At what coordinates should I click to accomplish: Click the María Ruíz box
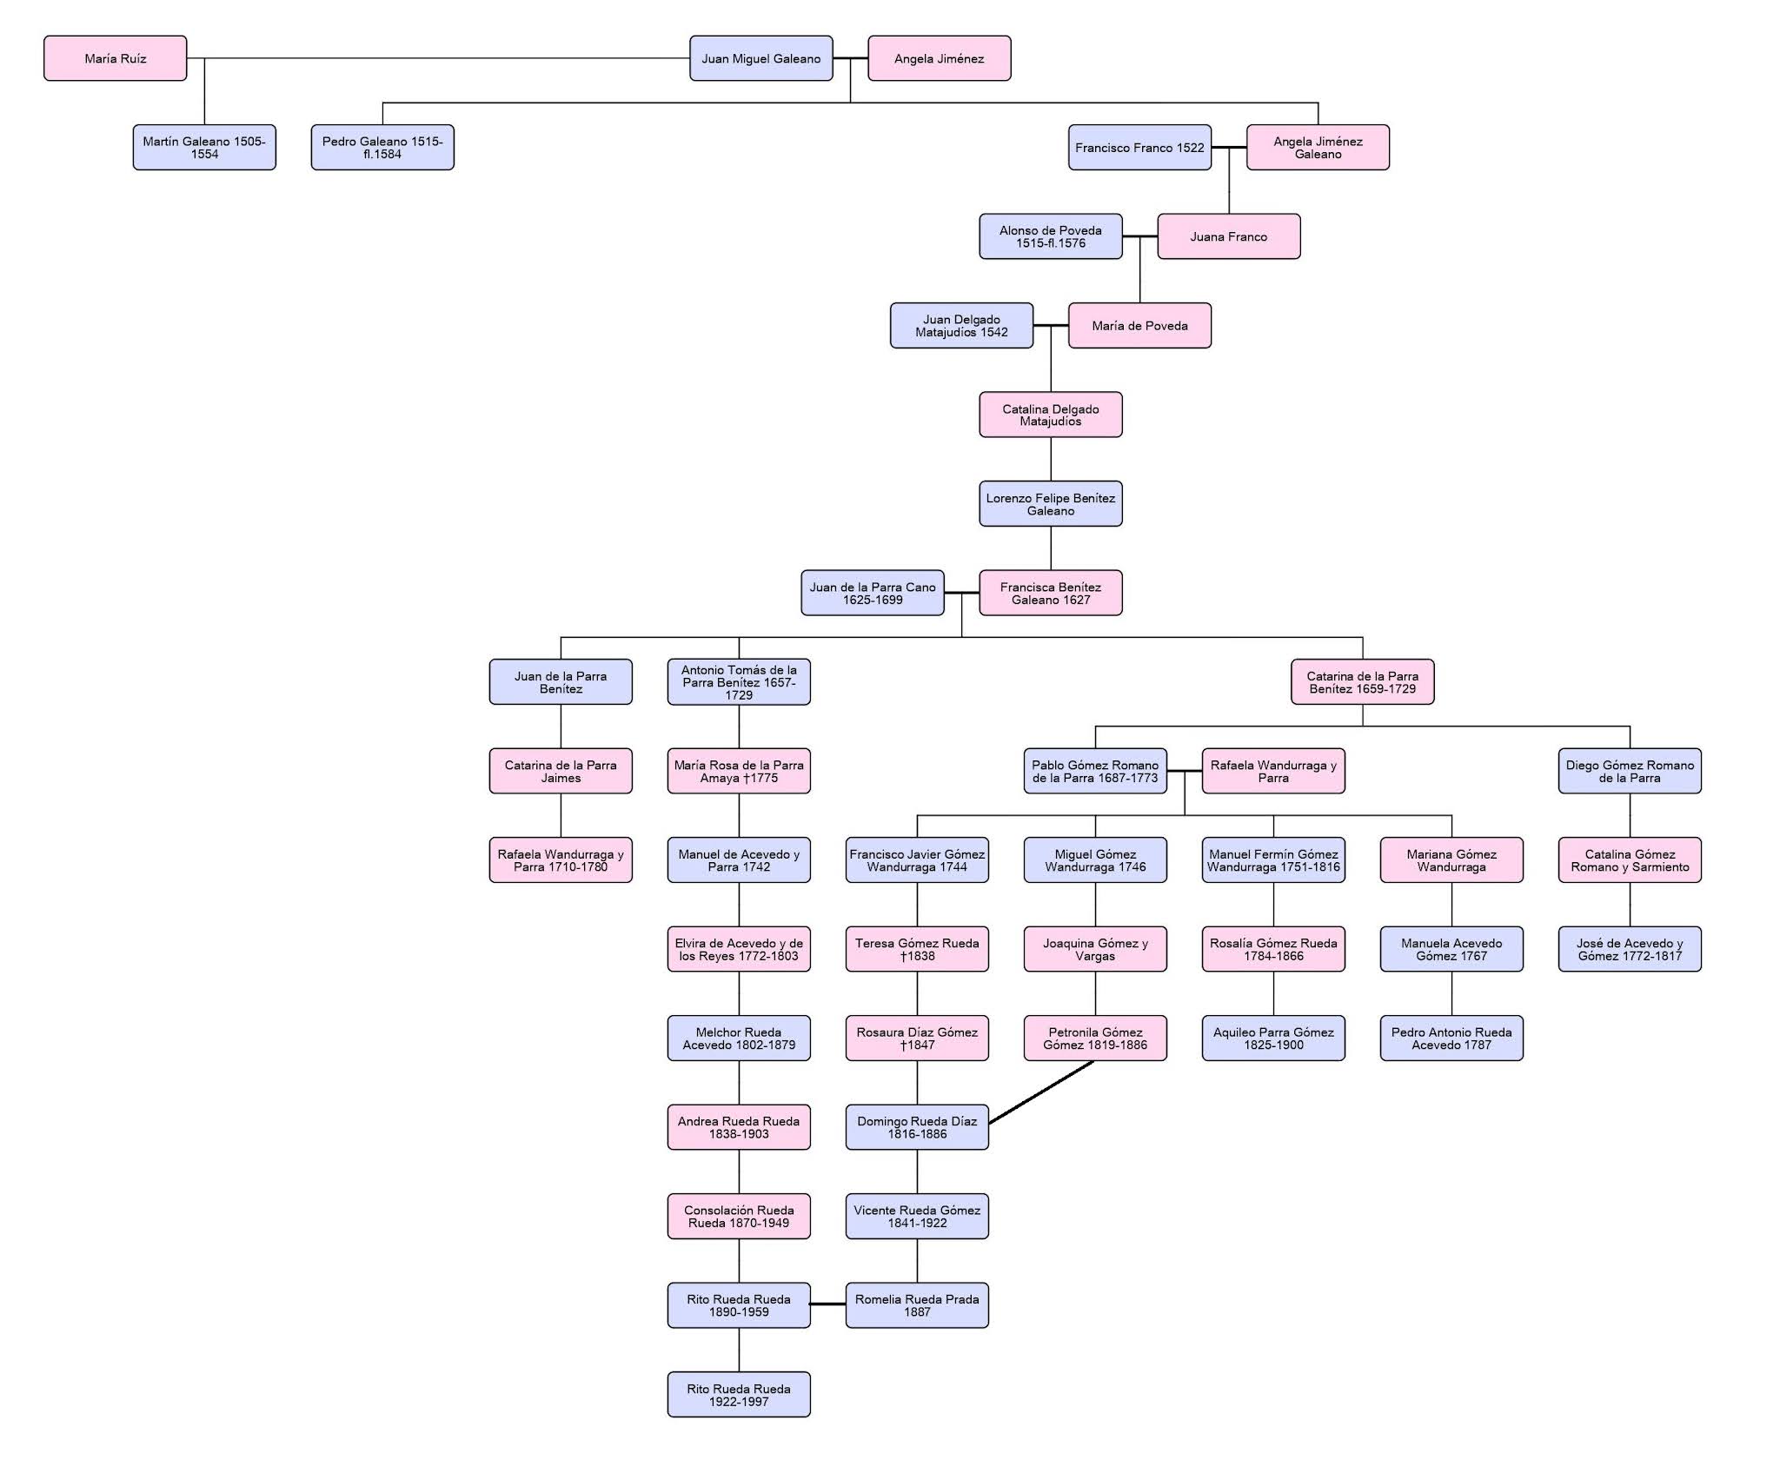pyautogui.click(x=115, y=58)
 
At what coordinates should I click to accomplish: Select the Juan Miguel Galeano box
pyautogui.click(x=760, y=58)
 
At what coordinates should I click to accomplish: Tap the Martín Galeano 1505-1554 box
pyautogui.click(x=204, y=147)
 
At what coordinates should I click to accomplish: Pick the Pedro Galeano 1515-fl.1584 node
pyautogui.click(x=382, y=147)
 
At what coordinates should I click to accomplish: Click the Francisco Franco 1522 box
pyautogui.click(x=1139, y=147)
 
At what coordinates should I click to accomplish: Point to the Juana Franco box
pyautogui.click(x=1228, y=236)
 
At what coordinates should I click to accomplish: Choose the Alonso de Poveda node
pyautogui.click(x=1050, y=236)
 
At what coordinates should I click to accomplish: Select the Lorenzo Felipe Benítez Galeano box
pyautogui.click(x=1050, y=504)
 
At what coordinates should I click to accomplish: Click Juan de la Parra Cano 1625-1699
pyautogui.click(x=872, y=593)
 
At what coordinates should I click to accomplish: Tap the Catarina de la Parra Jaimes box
pyautogui.click(x=561, y=771)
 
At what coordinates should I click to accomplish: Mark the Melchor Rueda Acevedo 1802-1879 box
pyautogui.click(x=739, y=1039)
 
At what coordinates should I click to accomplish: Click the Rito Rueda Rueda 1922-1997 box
pyautogui.click(x=739, y=1395)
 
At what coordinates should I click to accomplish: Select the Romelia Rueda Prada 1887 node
pyautogui.click(x=917, y=1305)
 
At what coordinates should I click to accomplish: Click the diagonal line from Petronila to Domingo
pyautogui.click(x=1041, y=1092)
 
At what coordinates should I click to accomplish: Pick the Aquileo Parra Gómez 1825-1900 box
pyautogui.click(x=1273, y=1039)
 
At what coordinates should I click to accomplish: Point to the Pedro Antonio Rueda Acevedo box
pyautogui.click(x=1451, y=1039)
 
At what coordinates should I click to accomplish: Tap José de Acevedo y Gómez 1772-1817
pyautogui.click(x=1630, y=949)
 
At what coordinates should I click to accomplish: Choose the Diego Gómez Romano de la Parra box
pyautogui.click(x=1630, y=771)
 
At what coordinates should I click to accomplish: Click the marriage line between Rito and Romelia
pyautogui.click(x=827, y=1304)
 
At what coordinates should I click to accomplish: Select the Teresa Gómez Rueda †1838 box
pyautogui.click(x=917, y=949)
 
